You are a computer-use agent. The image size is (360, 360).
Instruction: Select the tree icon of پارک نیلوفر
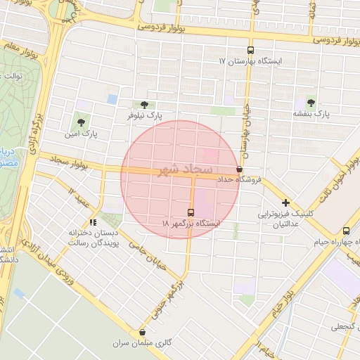click(x=144, y=104)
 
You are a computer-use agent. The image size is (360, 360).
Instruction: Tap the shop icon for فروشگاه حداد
click(x=240, y=169)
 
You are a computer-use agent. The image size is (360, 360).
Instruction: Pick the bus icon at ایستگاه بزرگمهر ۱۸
click(x=191, y=212)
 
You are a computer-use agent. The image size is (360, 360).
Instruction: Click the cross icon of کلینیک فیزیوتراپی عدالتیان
click(x=285, y=202)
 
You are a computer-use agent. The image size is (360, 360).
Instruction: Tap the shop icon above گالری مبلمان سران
click(x=143, y=333)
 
